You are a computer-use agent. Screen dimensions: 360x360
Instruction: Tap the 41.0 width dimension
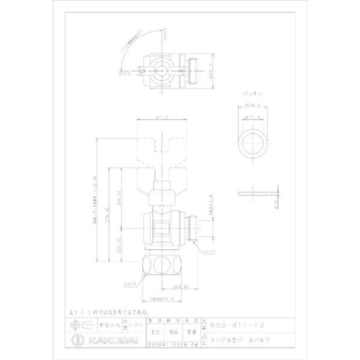point(162,117)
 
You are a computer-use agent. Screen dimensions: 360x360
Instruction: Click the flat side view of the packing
point(253,193)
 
